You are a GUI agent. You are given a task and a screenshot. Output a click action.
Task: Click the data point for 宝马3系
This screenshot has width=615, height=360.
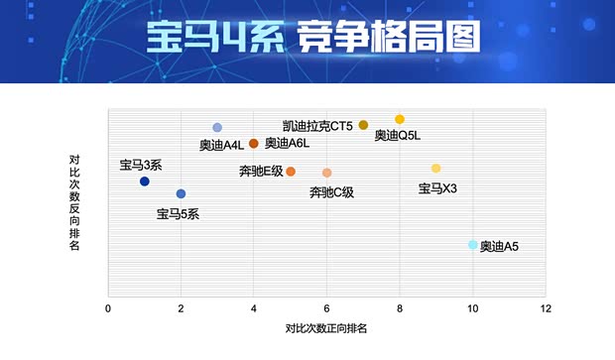[x=145, y=181]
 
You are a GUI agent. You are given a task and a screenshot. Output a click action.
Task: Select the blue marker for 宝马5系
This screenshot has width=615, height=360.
[x=181, y=194]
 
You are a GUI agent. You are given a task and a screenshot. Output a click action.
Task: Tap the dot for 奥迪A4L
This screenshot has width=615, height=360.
[x=217, y=128]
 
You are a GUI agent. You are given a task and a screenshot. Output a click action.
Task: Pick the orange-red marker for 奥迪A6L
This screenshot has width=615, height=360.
[x=254, y=144]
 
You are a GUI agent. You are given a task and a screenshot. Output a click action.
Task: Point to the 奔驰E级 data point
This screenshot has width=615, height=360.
[x=291, y=172]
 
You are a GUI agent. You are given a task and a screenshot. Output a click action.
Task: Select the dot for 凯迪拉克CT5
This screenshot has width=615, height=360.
[x=363, y=125]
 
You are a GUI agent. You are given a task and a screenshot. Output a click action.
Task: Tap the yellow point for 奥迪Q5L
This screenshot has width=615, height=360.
[x=400, y=119]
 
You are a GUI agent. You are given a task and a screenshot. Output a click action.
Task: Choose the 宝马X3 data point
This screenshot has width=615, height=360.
[x=435, y=169]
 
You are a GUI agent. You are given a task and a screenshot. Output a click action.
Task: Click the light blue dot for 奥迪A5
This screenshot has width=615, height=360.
[x=472, y=245]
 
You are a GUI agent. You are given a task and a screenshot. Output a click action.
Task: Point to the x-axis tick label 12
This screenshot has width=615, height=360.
[x=545, y=309]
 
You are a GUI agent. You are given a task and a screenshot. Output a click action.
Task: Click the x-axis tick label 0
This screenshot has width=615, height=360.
[x=108, y=309]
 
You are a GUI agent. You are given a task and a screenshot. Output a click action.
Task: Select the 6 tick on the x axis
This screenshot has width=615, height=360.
[x=327, y=309]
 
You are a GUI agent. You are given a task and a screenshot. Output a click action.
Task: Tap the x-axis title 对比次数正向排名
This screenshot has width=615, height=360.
[x=326, y=328]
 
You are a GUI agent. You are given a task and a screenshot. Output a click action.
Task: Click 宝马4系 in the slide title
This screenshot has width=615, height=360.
[x=203, y=37]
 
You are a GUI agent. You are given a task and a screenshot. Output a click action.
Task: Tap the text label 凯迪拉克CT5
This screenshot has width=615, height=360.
[x=317, y=126]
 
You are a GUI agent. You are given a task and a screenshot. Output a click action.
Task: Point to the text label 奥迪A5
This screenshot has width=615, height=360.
[x=499, y=247]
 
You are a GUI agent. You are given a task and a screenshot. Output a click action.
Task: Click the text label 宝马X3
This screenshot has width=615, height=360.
[x=437, y=188]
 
